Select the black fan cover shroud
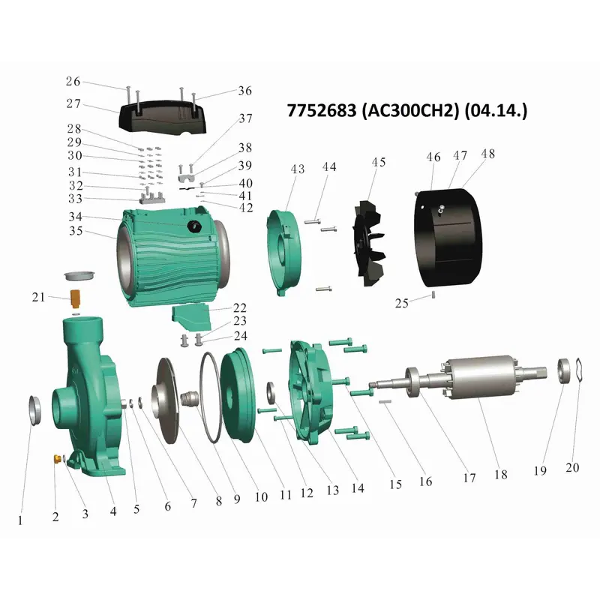448,237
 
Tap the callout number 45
379,162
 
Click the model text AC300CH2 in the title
409,110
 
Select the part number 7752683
322,110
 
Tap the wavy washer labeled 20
578,370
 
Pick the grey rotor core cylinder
478,378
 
